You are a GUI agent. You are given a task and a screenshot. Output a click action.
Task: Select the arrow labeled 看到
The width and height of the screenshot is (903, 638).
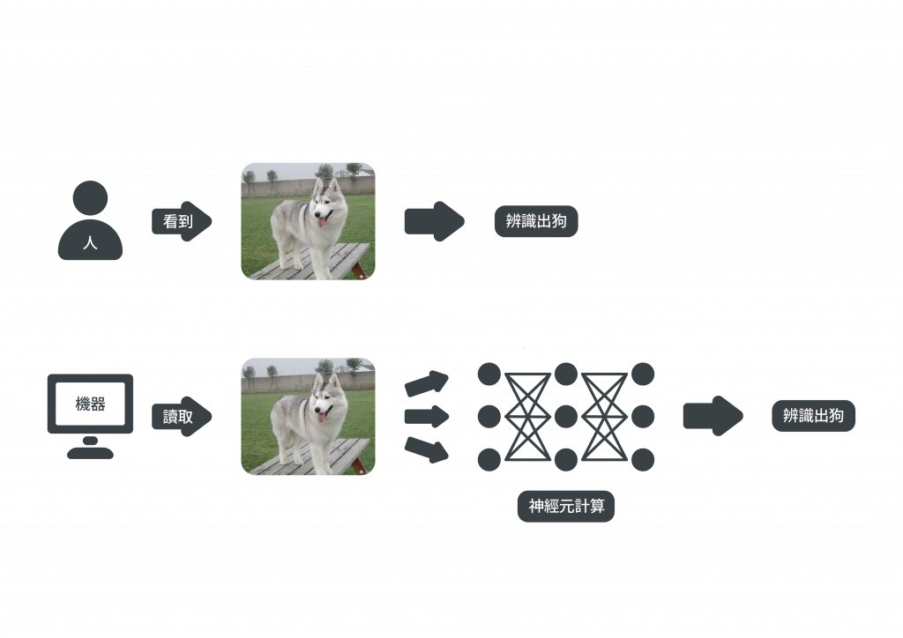coord(182,221)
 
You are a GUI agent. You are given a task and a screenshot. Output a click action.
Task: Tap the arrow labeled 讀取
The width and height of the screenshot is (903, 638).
coord(182,416)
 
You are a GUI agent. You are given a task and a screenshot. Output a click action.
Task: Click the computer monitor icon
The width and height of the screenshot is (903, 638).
coord(90,404)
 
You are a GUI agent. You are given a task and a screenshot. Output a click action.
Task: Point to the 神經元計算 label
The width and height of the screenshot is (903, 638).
coord(566,507)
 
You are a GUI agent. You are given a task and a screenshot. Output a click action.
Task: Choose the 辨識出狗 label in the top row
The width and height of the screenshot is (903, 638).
coord(536,221)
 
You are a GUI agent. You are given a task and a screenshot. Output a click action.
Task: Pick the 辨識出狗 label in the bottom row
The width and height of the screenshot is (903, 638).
coord(813,416)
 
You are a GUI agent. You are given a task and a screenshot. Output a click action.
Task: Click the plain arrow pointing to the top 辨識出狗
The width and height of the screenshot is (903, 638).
coord(433,221)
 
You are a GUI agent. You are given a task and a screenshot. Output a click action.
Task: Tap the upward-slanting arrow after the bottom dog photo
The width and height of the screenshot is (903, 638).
coord(427,382)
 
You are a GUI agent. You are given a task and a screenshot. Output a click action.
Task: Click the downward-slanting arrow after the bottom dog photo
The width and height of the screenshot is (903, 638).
coord(427,449)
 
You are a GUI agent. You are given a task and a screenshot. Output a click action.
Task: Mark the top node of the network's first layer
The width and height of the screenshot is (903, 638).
coord(489,374)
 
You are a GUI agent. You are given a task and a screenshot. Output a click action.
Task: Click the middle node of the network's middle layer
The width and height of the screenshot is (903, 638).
coord(566,416)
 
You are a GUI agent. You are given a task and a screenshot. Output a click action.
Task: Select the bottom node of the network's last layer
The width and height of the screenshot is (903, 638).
coord(643,458)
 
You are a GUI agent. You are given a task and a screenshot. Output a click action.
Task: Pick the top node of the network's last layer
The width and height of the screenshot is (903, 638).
coord(643,374)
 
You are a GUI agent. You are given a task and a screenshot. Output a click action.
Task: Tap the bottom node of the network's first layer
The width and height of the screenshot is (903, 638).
coord(489,458)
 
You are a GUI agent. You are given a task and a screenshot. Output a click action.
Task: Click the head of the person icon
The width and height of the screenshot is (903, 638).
coord(90,197)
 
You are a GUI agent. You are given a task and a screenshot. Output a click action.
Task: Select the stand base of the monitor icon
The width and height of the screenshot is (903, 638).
coord(90,453)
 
